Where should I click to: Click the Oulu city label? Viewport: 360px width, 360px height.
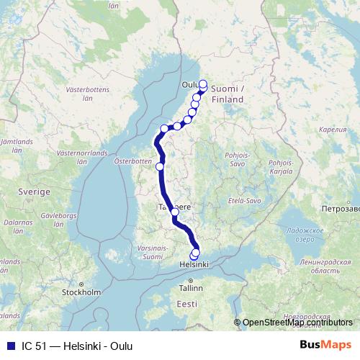click(x=190, y=84)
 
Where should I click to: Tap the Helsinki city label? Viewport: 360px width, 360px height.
click(x=193, y=265)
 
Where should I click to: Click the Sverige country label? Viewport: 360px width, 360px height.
click(x=35, y=193)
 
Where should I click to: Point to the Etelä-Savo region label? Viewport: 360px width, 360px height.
click(x=241, y=200)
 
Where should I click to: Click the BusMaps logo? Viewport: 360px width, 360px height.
click(x=326, y=345)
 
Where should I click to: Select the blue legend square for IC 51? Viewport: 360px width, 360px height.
click(x=10, y=346)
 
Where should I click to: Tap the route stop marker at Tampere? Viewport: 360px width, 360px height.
click(x=175, y=212)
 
